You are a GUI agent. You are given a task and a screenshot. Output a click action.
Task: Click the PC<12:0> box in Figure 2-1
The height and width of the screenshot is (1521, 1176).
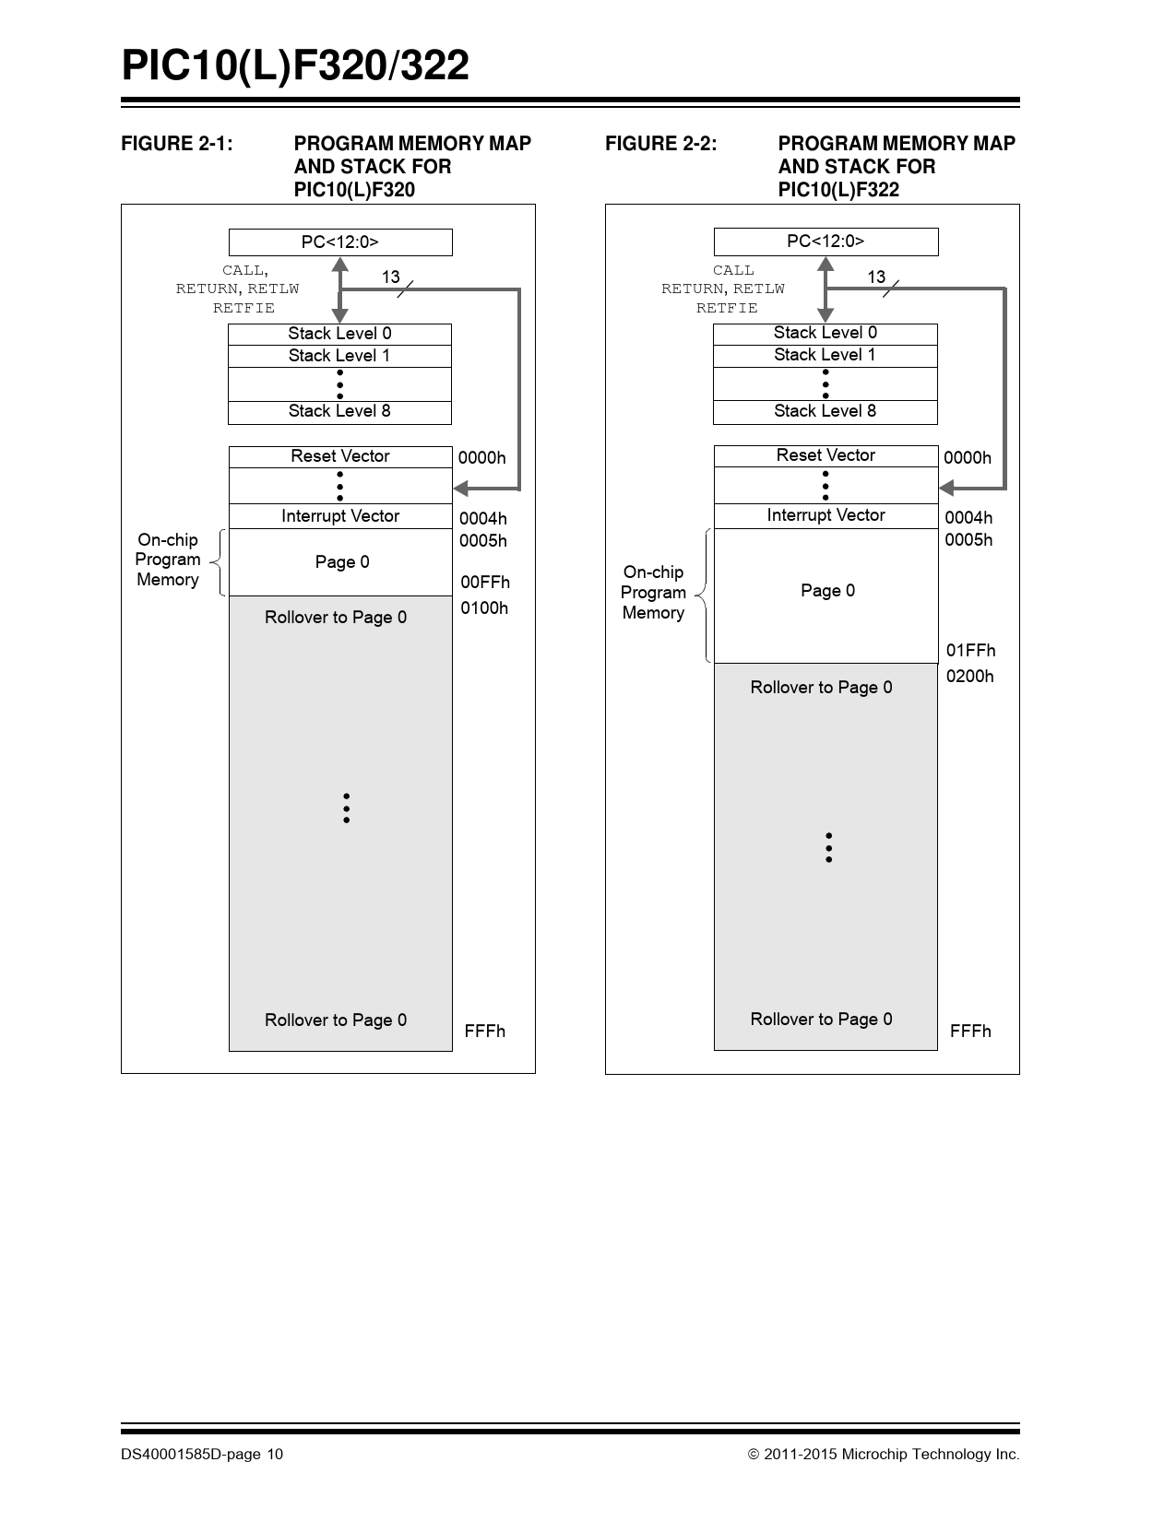coord(340,242)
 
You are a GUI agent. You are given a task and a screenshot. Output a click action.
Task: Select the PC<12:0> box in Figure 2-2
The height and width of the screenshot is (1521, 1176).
coord(826,242)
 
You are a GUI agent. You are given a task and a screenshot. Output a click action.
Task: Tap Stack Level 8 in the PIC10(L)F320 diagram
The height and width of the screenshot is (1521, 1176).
coord(339,411)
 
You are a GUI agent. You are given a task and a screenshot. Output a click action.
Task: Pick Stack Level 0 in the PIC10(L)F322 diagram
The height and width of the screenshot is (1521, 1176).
coord(825,333)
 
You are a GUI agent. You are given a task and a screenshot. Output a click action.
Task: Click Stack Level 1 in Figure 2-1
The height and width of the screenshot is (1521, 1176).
coord(339,356)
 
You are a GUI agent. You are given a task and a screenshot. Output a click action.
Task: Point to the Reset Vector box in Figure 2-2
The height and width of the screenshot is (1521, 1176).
coord(826,455)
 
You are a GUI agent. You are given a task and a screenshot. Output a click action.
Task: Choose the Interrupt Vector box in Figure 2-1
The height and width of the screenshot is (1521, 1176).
coord(340,516)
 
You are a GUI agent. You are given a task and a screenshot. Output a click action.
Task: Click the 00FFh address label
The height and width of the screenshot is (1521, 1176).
coord(485,583)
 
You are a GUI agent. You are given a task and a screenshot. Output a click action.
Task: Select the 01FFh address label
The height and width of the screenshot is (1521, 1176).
coord(970,651)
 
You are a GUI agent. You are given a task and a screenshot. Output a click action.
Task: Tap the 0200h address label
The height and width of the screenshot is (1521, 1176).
coord(970,677)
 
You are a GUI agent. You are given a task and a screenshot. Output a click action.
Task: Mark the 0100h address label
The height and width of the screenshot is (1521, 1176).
coord(484,608)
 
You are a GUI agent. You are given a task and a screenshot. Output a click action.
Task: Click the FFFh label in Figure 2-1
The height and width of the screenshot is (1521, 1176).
coord(485,1032)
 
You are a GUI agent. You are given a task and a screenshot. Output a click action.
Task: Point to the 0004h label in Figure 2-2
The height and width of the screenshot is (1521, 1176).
coord(968,518)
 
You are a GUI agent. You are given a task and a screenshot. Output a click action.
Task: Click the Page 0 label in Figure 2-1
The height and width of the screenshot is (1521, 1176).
coord(342,562)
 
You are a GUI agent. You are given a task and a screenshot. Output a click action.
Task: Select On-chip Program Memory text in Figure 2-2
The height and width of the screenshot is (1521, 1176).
coord(653,593)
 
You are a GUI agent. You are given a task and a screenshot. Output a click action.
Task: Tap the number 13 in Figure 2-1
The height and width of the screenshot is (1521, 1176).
coord(391,277)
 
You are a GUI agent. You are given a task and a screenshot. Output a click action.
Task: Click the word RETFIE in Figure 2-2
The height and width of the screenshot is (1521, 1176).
coord(727,308)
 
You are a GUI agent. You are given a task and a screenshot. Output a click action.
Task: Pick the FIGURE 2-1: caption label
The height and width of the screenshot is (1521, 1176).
coord(177,144)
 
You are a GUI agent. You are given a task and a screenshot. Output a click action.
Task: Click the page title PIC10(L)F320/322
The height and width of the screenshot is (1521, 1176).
coord(295,66)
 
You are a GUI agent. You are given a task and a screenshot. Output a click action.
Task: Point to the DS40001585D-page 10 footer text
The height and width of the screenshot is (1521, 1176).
coord(202,1455)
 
